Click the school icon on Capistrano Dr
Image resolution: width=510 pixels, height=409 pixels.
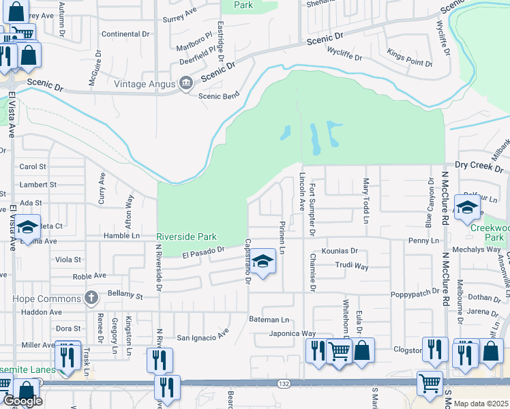pyautogui.click(x=262, y=261)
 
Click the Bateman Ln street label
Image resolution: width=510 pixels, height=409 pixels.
pyautogui.click(x=269, y=319)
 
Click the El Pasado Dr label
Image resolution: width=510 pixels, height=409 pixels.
pyautogui.click(x=204, y=254)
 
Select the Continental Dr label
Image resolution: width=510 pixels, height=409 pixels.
pyautogui.click(x=125, y=33)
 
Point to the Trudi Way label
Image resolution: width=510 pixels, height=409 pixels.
pyautogui.click(x=351, y=266)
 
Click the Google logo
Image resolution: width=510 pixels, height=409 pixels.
pyautogui.click(x=22, y=401)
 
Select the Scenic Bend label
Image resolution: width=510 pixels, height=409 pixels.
pyautogui.click(x=219, y=96)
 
